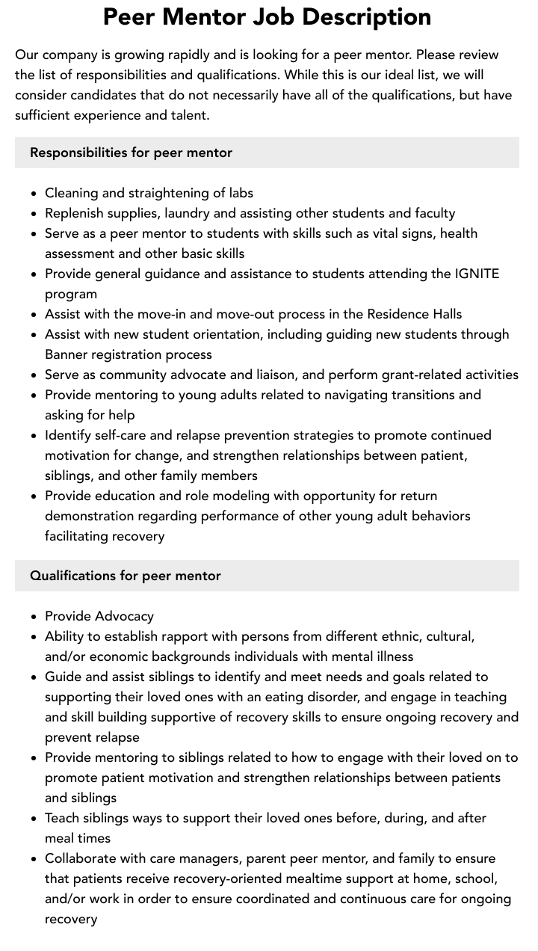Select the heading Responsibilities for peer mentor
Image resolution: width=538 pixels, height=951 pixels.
click(x=131, y=153)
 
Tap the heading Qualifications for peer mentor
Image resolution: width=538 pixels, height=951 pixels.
click(x=126, y=576)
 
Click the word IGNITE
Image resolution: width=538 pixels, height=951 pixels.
click(x=477, y=274)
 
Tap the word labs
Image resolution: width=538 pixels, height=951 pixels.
click(x=241, y=193)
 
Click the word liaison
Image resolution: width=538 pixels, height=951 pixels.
click(x=231, y=375)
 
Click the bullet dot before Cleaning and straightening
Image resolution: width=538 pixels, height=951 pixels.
click(x=34, y=194)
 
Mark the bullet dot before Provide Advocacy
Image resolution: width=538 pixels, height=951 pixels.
click(x=34, y=617)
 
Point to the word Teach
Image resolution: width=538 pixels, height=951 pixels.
click(x=63, y=818)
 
